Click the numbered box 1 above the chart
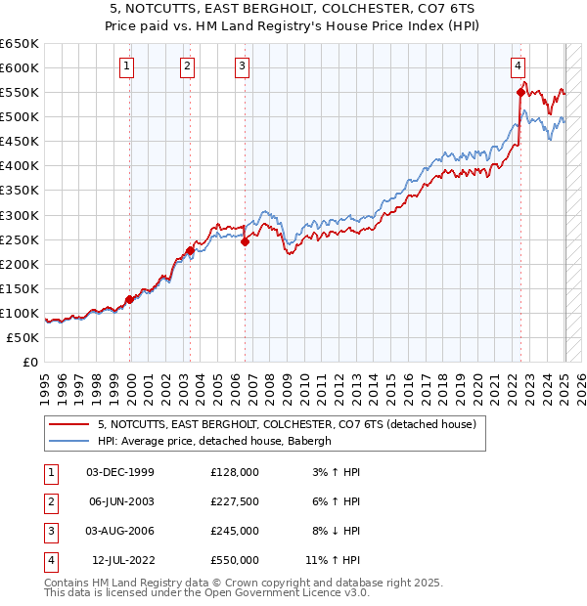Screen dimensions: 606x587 tap(129, 66)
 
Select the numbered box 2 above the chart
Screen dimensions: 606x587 tap(187, 66)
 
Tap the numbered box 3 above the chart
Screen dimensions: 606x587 tap(242, 66)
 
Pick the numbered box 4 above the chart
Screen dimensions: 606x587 tap(518, 66)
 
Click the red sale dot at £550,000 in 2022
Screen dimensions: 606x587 tap(520, 92)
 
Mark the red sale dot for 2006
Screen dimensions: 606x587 tap(245, 242)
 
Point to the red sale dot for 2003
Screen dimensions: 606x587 tap(190, 250)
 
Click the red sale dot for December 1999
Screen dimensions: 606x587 tap(129, 299)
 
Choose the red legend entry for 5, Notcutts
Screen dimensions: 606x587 tap(287, 424)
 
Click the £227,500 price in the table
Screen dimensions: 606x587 tap(235, 500)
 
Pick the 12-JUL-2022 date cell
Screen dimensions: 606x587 tap(123, 561)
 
